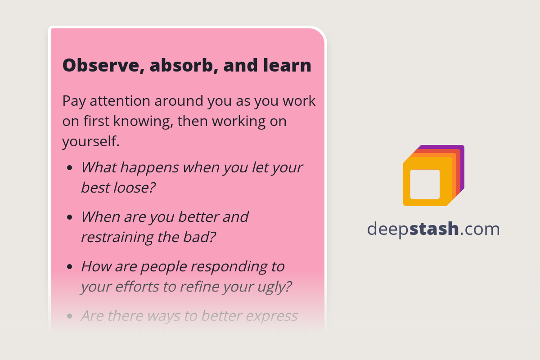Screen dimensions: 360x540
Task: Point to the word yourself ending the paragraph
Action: click(90, 142)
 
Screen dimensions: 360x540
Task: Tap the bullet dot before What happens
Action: click(69, 168)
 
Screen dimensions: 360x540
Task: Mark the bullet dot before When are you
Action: click(69, 217)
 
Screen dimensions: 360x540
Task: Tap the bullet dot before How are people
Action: click(69, 267)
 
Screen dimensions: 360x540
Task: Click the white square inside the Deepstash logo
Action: click(425, 184)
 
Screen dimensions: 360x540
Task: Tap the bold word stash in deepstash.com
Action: click(434, 229)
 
